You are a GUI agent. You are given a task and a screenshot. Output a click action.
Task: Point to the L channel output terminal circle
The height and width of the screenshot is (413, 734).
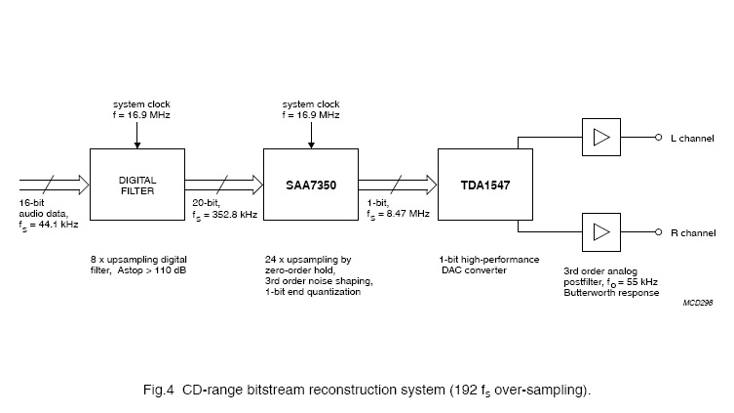click(x=658, y=137)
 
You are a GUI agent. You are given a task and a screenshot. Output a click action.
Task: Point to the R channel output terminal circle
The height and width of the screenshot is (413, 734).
click(x=658, y=232)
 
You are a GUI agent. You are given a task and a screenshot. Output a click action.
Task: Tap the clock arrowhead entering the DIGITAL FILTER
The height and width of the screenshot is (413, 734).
click(x=137, y=145)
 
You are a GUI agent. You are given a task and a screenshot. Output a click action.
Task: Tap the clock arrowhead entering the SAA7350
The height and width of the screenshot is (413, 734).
click(x=311, y=145)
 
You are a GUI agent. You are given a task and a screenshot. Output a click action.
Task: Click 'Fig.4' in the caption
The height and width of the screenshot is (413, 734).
click(x=159, y=390)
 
